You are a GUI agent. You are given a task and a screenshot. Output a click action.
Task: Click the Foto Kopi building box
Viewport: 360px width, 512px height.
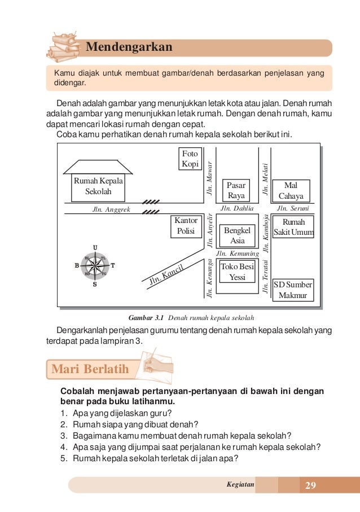[190, 159]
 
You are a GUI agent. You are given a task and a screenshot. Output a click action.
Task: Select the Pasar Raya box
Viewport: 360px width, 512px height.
[236, 190]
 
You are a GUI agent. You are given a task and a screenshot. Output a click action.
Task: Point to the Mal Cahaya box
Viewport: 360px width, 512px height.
[291, 191]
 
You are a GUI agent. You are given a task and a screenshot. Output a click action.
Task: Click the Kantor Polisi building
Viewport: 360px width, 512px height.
[186, 226]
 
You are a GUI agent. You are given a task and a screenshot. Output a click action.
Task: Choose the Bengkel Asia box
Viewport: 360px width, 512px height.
[237, 235]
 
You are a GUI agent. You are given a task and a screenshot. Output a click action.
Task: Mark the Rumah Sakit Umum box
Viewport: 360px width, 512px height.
[293, 227]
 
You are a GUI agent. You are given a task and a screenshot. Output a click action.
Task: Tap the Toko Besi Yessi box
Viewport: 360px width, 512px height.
[238, 272]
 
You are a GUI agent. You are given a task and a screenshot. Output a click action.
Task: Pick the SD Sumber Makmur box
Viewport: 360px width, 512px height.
[293, 290]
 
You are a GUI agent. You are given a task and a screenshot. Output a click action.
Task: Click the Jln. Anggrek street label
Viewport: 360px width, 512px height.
[111, 209]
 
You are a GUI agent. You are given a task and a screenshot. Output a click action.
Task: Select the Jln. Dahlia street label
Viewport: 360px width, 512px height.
[237, 209]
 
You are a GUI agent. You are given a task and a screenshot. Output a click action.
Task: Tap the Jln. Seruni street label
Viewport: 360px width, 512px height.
[289, 209]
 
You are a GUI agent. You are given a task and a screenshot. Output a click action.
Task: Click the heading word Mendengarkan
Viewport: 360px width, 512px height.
[129, 47]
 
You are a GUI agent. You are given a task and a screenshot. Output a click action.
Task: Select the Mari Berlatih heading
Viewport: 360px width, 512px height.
[90, 370]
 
